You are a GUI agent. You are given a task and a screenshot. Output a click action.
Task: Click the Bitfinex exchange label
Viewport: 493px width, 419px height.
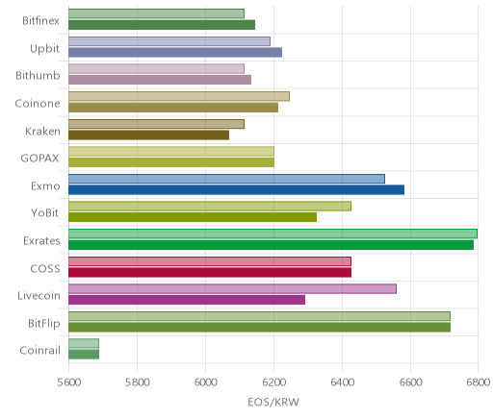40,21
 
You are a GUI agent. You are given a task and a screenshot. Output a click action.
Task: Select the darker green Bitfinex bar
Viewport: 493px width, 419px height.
162,25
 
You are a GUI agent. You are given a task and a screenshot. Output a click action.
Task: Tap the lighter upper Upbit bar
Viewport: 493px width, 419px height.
169,41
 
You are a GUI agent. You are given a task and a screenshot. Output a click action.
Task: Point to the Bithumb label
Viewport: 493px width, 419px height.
38,76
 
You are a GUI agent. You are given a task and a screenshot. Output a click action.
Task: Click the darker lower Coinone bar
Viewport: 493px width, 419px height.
173,108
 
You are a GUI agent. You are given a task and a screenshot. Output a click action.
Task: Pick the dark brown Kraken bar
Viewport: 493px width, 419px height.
149,136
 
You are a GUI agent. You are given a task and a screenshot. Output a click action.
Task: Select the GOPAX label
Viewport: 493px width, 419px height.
39,159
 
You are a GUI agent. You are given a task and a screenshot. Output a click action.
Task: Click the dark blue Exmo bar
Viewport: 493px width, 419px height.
237,190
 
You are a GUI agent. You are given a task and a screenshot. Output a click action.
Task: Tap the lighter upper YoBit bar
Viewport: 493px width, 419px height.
210,207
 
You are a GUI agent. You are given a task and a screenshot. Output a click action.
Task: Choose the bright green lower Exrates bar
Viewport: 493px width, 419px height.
272,245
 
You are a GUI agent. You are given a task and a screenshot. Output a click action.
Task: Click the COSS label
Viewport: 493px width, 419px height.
45,268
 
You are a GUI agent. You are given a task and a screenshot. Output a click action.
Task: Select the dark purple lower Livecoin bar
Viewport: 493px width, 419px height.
187,300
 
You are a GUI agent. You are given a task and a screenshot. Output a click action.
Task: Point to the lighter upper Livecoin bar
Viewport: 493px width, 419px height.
233,289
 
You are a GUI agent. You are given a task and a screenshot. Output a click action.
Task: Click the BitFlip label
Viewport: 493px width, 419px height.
44,323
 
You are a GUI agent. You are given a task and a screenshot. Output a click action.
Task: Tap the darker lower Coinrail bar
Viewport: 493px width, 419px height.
84,355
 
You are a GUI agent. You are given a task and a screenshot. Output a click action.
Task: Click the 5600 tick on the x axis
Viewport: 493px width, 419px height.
69,382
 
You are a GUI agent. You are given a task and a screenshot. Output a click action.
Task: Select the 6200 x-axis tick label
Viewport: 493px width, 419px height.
273,382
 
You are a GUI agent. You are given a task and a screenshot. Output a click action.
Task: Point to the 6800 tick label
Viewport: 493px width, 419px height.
478,382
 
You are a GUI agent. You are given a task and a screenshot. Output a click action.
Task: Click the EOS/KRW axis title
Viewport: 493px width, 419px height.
273,402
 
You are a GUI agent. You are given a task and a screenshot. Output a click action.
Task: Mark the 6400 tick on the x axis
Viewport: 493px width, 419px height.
342,382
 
